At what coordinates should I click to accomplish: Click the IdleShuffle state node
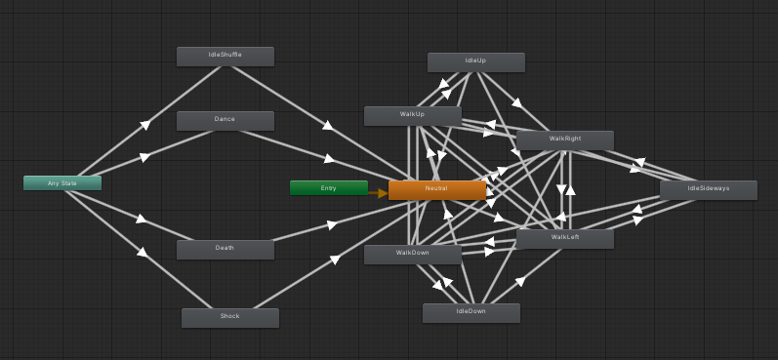(225, 57)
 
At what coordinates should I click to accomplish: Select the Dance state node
(225, 120)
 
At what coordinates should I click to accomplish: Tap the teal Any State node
(62, 182)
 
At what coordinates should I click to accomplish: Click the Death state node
(225, 249)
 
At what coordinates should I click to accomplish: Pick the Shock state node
(229, 317)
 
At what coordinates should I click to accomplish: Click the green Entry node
(328, 187)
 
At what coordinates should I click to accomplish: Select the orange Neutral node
(436, 189)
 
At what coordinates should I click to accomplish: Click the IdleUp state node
(475, 61)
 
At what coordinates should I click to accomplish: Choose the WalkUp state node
(412, 115)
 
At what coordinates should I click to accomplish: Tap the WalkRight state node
(564, 140)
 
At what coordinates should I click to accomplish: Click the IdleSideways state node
(708, 189)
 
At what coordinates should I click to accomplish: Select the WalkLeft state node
(564, 238)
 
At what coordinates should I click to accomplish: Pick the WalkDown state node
(412, 254)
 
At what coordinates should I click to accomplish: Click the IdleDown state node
(471, 312)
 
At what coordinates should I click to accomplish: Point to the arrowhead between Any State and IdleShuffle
(144, 124)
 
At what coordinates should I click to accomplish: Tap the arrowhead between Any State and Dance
(144, 157)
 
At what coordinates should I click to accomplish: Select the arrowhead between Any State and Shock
(143, 252)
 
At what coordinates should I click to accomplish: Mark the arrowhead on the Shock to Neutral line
(334, 260)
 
